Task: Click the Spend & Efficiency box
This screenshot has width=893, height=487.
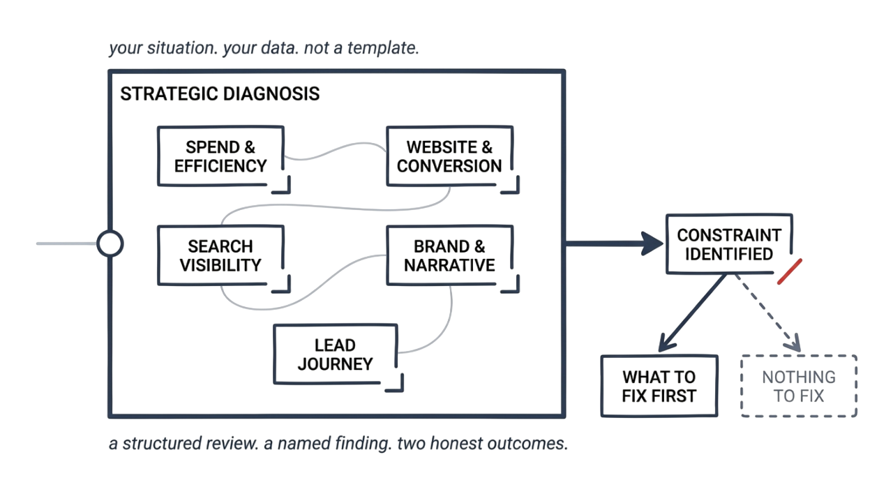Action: coord(220,156)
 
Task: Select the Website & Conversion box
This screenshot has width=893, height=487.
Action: coord(449,156)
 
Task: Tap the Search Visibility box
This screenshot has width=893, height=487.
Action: coord(220,255)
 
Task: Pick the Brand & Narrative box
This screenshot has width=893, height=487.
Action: coord(449,255)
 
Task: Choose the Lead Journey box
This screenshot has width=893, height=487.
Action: coord(335,354)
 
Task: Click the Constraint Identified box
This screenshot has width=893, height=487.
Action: coord(728,244)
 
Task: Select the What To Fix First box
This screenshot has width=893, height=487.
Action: coord(659,386)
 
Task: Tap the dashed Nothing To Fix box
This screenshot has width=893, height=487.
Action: coord(798,386)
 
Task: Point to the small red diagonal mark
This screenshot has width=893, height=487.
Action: coord(790,271)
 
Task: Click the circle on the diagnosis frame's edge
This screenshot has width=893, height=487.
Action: coord(110,244)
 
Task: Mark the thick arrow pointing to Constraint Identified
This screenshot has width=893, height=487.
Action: coord(614,244)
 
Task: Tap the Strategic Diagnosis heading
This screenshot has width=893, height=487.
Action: coord(220,94)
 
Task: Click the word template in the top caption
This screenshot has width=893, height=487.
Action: coord(385,50)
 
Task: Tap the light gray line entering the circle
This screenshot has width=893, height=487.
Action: coord(66,244)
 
